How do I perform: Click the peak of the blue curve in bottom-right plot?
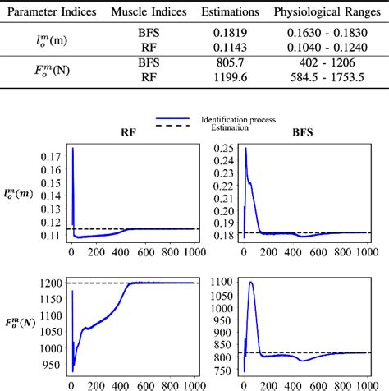[250, 282]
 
